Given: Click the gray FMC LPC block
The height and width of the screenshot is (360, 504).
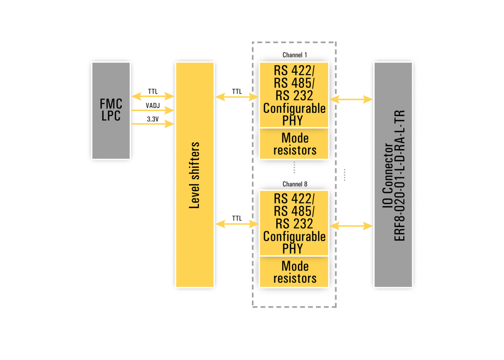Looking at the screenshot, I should click(111, 111).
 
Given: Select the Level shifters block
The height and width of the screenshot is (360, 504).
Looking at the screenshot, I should click(195, 174).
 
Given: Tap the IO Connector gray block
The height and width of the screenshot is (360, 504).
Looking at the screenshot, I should click(393, 174).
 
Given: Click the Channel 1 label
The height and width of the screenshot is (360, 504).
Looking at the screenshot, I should click(294, 55).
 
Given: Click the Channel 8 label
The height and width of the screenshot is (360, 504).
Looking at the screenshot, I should click(294, 184).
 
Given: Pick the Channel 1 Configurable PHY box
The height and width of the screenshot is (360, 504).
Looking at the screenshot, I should click(294, 95).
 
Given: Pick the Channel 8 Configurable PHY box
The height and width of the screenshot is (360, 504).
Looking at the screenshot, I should click(294, 223).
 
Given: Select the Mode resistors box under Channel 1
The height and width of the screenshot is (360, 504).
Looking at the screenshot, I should click(294, 144).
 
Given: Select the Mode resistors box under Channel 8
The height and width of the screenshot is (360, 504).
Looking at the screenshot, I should click(294, 272).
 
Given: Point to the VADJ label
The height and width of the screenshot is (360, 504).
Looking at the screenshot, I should click(153, 105).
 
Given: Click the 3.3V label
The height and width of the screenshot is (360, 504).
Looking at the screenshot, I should click(153, 119).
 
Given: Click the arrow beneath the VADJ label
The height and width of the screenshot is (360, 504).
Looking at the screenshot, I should click(153, 111).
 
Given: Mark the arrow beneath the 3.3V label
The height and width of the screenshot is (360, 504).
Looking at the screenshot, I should click(153, 124).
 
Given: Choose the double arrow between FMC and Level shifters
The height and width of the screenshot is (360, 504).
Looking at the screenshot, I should click(153, 97).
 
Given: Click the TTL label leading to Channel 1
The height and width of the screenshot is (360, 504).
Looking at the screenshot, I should click(237, 91).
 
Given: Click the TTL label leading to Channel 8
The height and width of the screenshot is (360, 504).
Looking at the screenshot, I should click(237, 218).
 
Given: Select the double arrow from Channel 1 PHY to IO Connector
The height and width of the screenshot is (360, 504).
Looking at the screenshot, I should click(351, 99).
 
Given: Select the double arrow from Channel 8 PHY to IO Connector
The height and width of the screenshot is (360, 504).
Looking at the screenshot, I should click(351, 226).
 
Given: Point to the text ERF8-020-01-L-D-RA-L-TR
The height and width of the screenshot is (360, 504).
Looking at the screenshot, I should click(400, 175).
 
